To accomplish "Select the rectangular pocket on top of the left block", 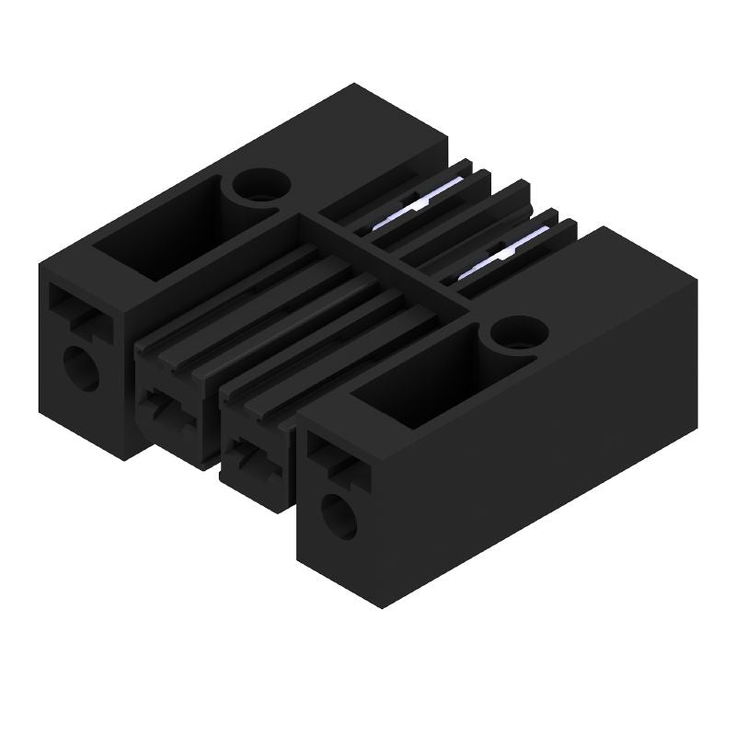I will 161,236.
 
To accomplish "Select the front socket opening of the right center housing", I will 251,456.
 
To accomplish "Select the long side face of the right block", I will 552,460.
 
